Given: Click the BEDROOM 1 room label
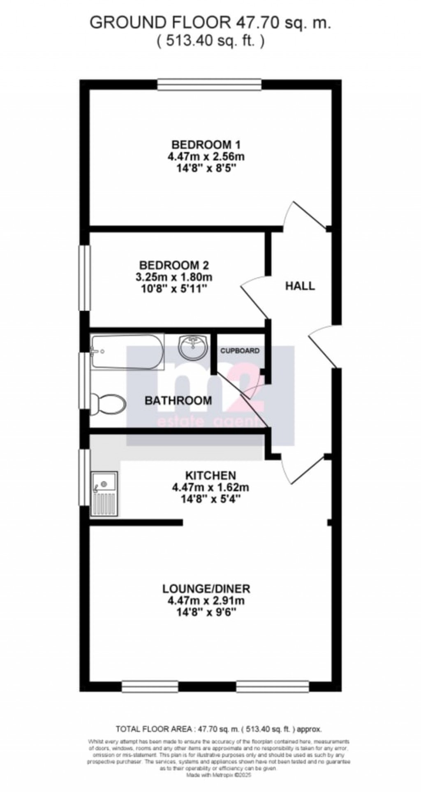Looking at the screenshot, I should pos(206,145).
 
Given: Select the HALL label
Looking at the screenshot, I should pos(300,286).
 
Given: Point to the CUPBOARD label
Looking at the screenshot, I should pos(240,351).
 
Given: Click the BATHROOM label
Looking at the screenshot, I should pos(178,400).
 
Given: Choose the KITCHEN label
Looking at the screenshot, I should pos(210,475).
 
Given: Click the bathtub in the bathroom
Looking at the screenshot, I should pos(127,352).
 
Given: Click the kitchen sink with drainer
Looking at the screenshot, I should pos(104,493).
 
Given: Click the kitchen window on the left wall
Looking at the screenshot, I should pos(85,477).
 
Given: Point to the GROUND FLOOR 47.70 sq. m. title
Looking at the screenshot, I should pos(210,23).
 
